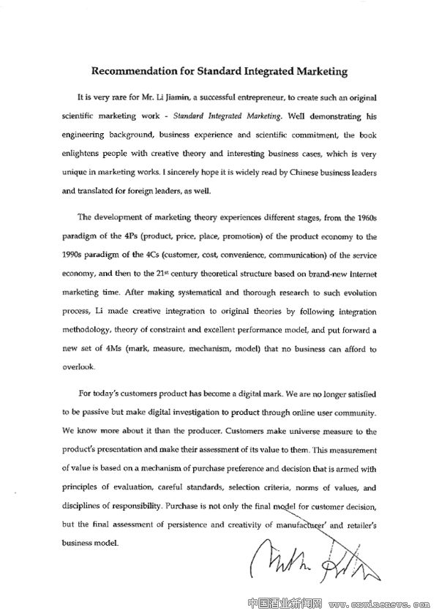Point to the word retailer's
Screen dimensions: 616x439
click(358, 525)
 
